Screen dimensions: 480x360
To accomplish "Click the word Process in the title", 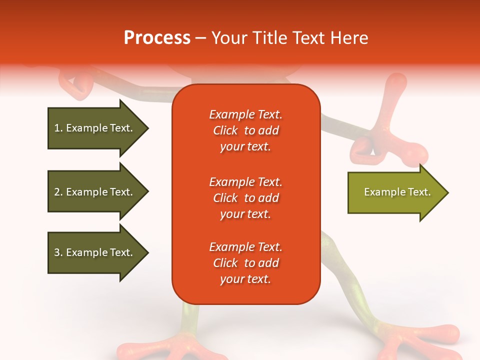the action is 157,38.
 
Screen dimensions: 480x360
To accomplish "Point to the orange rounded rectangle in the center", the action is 246,194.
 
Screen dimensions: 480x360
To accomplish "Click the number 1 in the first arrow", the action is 57,128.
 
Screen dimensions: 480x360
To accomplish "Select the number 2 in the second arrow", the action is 57,192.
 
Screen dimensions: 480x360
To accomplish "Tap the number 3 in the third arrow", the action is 57,252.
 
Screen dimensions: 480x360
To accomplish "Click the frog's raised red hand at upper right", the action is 395,125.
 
